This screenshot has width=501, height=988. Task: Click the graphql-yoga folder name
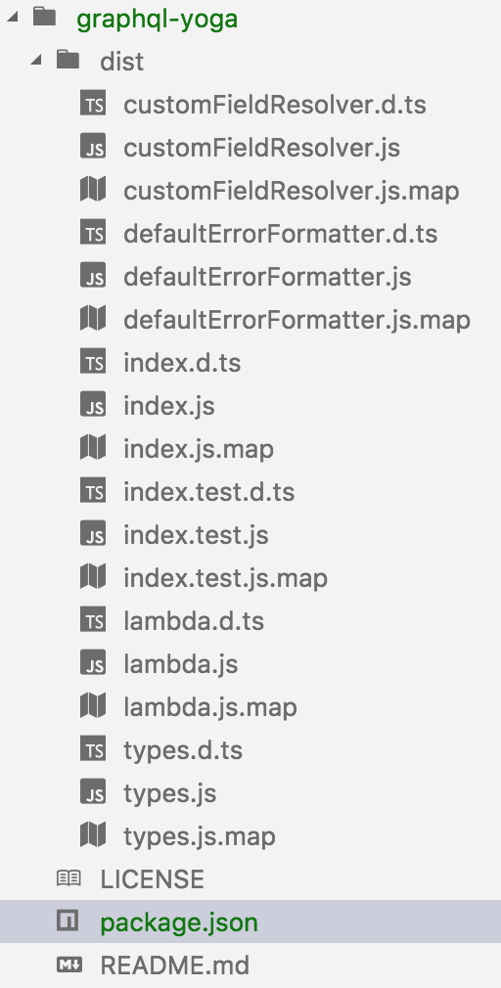click(x=157, y=19)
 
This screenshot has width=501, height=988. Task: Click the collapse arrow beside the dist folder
click(x=37, y=61)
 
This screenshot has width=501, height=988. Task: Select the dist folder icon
click(x=68, y=60)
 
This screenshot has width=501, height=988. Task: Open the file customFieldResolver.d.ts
click(x=275, y=105)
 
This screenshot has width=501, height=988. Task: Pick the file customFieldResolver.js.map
click(x=292, y=191)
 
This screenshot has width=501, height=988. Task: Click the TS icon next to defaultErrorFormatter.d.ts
click(x=93, y=234)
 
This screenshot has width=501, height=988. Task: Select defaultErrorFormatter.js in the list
click(x=267, y=277)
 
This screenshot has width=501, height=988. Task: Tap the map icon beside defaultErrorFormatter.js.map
click(x=93, y=320)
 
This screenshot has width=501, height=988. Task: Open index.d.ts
click(x=182, y=363)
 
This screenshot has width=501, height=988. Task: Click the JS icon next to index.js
click(x=93, y=406)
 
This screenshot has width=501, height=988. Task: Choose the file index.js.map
click(x=199, y=449)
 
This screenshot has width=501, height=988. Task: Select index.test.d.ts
click(x=209, y=492)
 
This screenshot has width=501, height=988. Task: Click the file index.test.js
click(x=196, y=535)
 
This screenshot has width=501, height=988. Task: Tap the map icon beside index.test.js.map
click(x=93, y=578)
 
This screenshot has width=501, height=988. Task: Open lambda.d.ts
click(x=194, y=621)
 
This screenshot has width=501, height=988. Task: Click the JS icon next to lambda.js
click(x=93, y=664)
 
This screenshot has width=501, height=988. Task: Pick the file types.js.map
click(x=200, y=836)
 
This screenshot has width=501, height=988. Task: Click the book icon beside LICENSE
click(x=68, y=879)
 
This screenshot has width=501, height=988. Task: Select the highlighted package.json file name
click(x=179, y=922)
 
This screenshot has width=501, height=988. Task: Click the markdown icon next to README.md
click(x=68, y=965)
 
